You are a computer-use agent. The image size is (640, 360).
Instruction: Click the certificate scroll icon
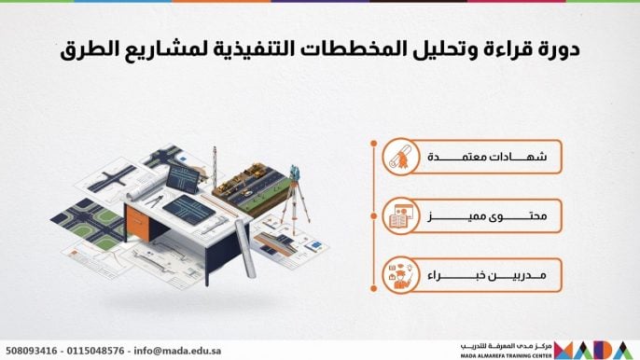(401, 157)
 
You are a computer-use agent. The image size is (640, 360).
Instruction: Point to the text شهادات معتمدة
(487, 157)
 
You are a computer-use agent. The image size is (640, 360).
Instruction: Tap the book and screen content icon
(401, 216)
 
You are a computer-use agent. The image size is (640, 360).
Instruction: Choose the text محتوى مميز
(487, 216)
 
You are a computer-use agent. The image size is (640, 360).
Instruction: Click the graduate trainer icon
(401, 275)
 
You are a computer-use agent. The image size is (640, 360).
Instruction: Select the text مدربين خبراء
(487, 275)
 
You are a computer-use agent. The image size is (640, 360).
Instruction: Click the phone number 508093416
(32, 351)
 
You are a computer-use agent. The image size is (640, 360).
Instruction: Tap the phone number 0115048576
(95, 351)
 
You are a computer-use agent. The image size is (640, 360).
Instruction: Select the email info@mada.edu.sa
(177, 351)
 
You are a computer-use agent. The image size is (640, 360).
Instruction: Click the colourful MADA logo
(593, 350)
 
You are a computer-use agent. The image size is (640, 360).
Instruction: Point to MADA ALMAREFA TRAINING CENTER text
(506, 356)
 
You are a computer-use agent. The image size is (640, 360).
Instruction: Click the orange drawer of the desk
(138, 222)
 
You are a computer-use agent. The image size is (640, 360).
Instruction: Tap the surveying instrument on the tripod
(295, 173)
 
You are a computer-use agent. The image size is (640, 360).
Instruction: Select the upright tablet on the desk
(183, 178)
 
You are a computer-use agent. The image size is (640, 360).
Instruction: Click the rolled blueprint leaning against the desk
(246, 249)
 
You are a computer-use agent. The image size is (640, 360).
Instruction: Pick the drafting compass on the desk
(156, 201)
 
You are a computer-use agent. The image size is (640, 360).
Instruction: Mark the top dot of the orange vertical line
(373, 144)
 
